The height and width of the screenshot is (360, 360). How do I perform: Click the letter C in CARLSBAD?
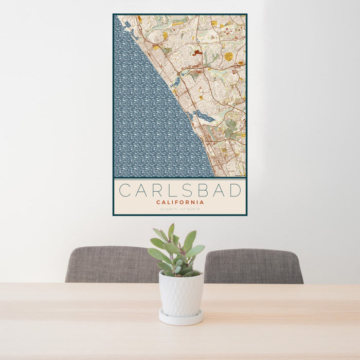(124, 190)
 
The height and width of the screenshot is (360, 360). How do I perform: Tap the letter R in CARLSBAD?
(160, 190)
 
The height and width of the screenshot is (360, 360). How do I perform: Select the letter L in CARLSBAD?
(176, 190)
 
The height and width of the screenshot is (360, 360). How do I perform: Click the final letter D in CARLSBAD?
(236, 190)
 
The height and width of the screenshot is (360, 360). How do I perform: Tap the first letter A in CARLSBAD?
(142, 190)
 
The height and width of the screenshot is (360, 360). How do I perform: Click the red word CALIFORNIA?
(180, 202)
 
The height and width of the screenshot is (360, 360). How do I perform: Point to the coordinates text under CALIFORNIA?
(180, 209)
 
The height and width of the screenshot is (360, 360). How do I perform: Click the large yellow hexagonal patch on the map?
(228, 56)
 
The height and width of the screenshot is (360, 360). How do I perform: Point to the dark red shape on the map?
(197, 52)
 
